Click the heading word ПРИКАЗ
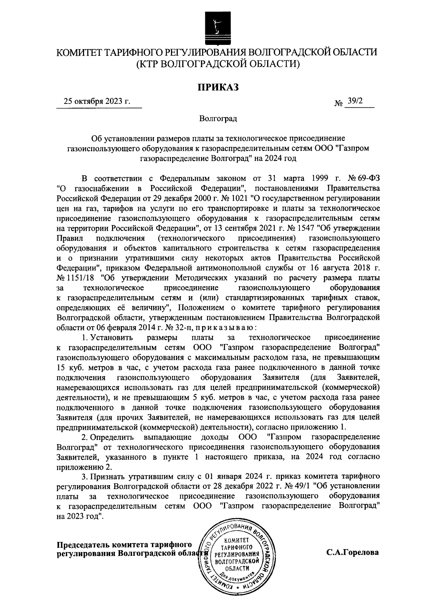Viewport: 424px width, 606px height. [x=218, y=87]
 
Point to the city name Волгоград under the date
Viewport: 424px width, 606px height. [x=218, y=118]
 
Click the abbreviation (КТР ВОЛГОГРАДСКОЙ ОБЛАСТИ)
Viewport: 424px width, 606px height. [x=218, y=64]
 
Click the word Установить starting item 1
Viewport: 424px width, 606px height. [x=108, y=337]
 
